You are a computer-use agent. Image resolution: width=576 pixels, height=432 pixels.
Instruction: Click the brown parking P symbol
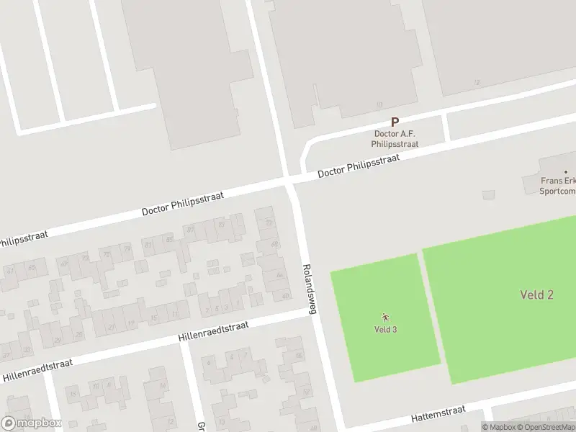point(395,123)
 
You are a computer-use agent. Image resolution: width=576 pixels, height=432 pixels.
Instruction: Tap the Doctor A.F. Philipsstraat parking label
point(395,139)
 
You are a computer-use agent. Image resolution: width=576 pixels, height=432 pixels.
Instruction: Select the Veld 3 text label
point(386,330)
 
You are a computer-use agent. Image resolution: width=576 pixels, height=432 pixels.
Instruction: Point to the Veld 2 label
point(536,294)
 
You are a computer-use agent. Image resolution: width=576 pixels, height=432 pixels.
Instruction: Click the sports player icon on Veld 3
point(386,317)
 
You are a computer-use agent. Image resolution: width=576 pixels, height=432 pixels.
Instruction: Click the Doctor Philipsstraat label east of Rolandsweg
point(358,168)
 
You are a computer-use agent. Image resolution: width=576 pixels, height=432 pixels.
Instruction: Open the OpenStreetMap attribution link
point(541,427)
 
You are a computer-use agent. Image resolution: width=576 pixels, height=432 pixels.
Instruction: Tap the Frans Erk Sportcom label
point(558,187)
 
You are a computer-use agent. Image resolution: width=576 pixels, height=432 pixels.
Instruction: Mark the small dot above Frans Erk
point(565,171)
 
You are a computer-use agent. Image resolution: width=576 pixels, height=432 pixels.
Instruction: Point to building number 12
point(477,83)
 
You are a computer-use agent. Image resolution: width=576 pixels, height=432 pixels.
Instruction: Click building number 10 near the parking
point(379,105)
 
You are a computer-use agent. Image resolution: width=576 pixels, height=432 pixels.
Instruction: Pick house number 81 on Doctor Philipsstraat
point(149,245)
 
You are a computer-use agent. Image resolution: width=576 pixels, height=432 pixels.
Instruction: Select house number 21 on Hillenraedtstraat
point(112,327)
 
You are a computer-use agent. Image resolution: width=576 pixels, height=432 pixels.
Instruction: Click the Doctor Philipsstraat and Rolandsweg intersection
point(290,180)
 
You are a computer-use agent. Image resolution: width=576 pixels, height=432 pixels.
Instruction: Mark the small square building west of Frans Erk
point(489,194)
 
